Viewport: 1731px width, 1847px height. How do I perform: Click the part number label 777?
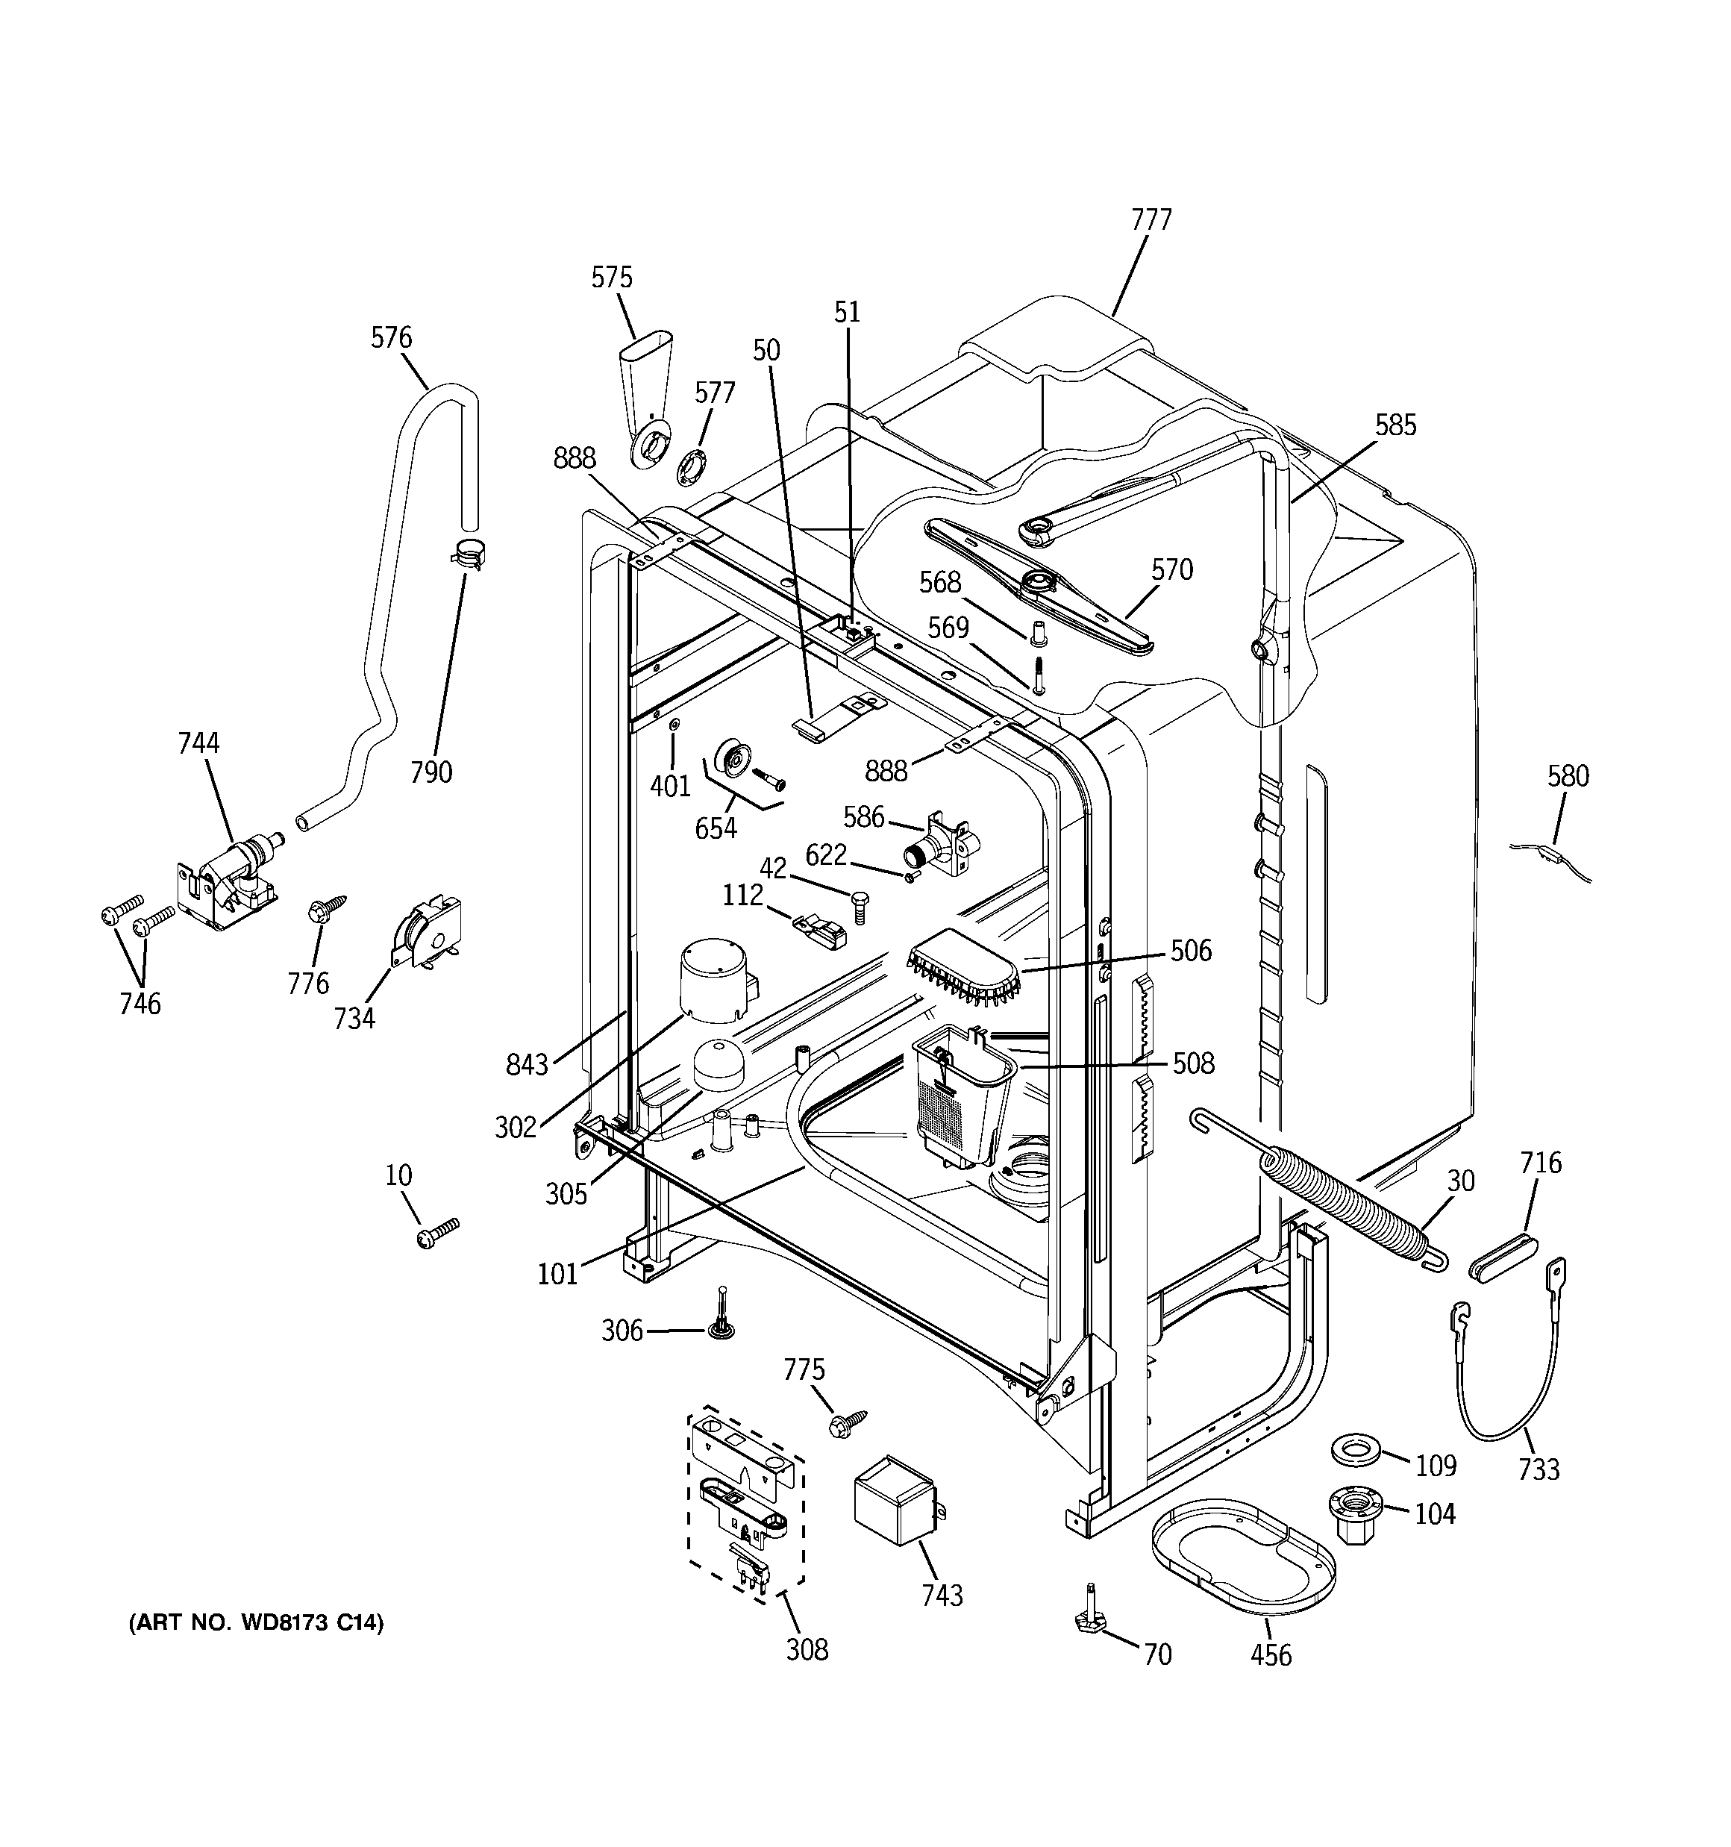1151,219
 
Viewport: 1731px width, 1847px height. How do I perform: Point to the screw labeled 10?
439,1233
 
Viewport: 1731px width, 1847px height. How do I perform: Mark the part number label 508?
1193,1063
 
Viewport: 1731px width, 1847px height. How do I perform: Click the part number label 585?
1394,425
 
